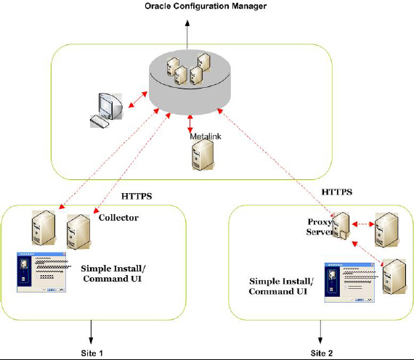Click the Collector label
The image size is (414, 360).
(x=118, y=217)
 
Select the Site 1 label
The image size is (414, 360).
(x=92, y=351)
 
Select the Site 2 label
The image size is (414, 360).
(x=322, y=351)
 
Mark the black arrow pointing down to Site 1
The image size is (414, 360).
(x=92, y=331)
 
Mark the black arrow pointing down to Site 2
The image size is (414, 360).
(x=320, y=331)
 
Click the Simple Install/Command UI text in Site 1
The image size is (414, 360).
(x=113, y=274)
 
